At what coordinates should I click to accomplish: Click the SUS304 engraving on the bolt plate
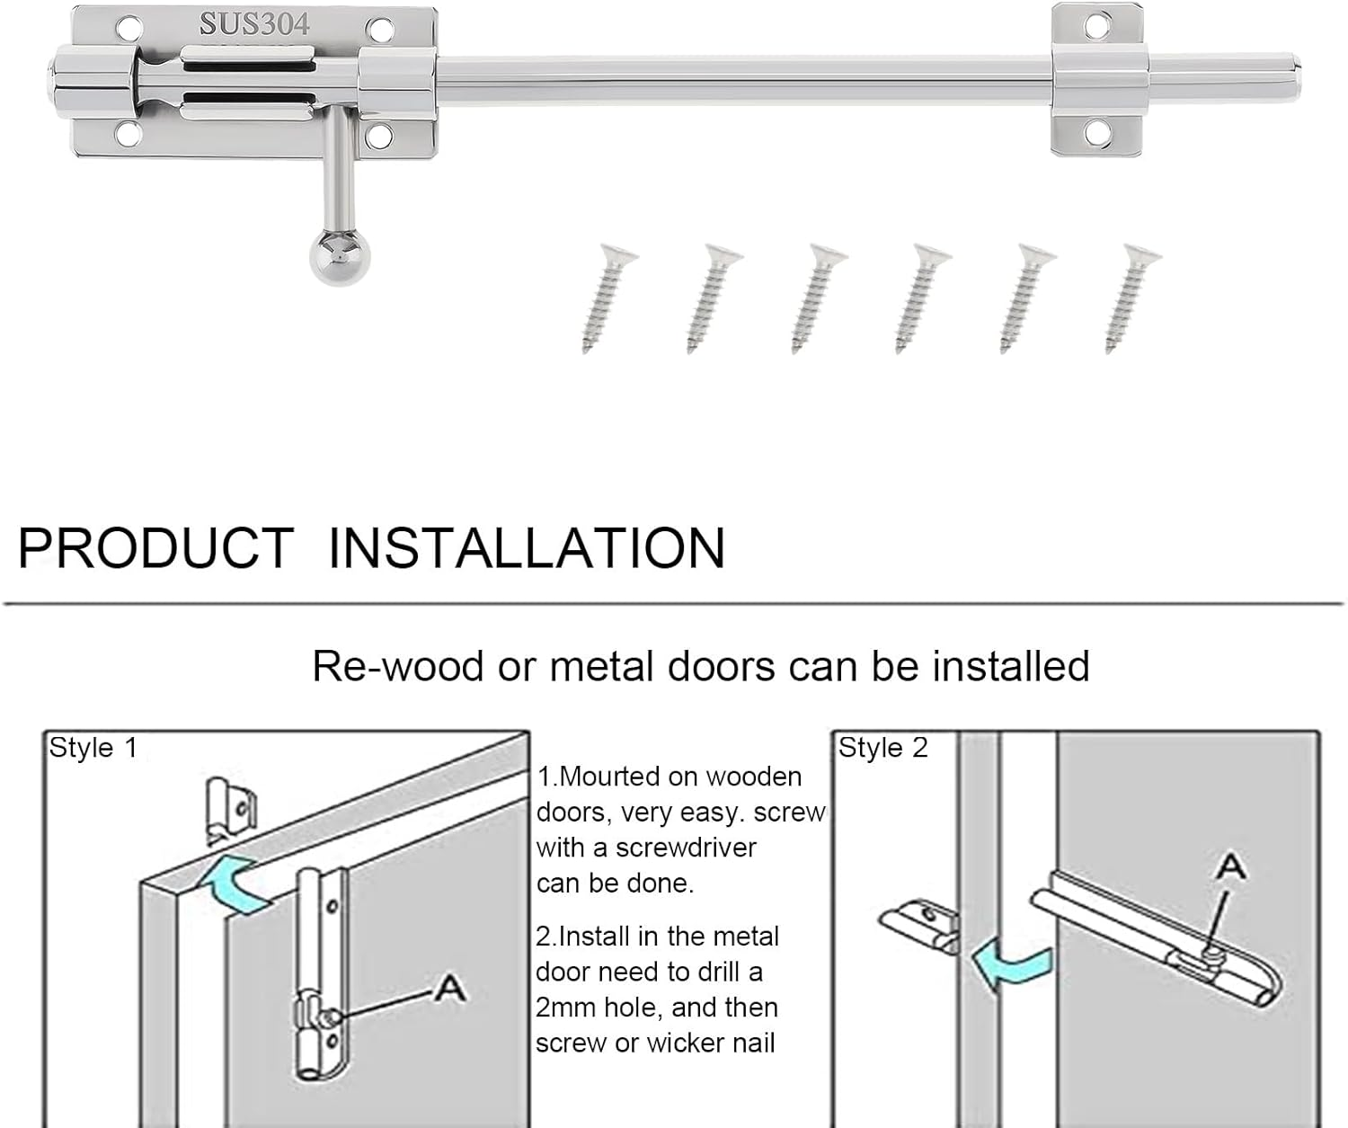tap(254, 24)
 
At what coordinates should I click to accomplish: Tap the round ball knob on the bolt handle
tap(339, 258)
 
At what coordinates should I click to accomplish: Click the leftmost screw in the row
tap(607, 298)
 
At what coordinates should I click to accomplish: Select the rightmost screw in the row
tap(1131, 298)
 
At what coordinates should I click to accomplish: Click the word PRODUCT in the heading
tap(155, 547)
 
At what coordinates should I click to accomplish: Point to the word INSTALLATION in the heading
tap(526, 547)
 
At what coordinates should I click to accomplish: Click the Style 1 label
tap(93, 748)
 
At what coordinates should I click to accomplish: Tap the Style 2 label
tap(882, 748)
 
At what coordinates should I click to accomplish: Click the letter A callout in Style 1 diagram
tap(449, 989)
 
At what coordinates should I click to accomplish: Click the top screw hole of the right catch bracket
tap(1097, 25)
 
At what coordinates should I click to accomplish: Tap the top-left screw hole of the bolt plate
tap(128, 29)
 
